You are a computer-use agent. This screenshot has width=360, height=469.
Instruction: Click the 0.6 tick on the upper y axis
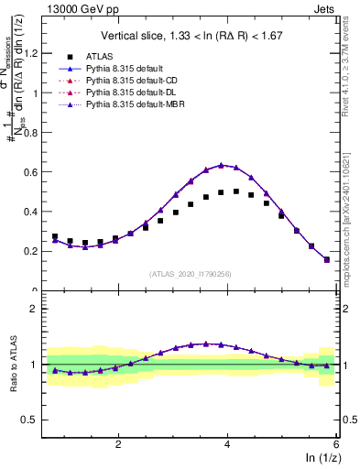tap(34, 171)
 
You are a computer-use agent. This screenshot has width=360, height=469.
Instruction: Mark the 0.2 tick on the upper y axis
tap(34, 251)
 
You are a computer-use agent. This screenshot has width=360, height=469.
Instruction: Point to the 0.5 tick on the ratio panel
tap(32, 420)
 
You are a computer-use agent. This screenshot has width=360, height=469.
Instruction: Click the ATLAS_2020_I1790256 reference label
tap(191, 273)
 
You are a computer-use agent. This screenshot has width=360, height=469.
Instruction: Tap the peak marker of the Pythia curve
tap(221, 165)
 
